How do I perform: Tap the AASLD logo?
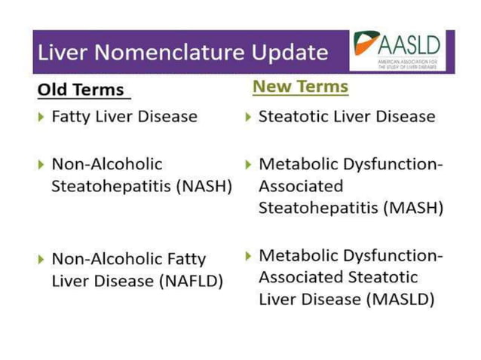point(399,50)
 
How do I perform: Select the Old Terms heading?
point(81,90)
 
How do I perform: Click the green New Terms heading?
point(300,86)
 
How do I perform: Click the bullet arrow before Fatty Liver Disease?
point(41,117)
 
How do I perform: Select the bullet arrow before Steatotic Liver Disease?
point(249,117)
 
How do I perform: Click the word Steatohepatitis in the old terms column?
point(109,186)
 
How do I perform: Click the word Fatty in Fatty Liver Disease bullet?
point(72,117)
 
